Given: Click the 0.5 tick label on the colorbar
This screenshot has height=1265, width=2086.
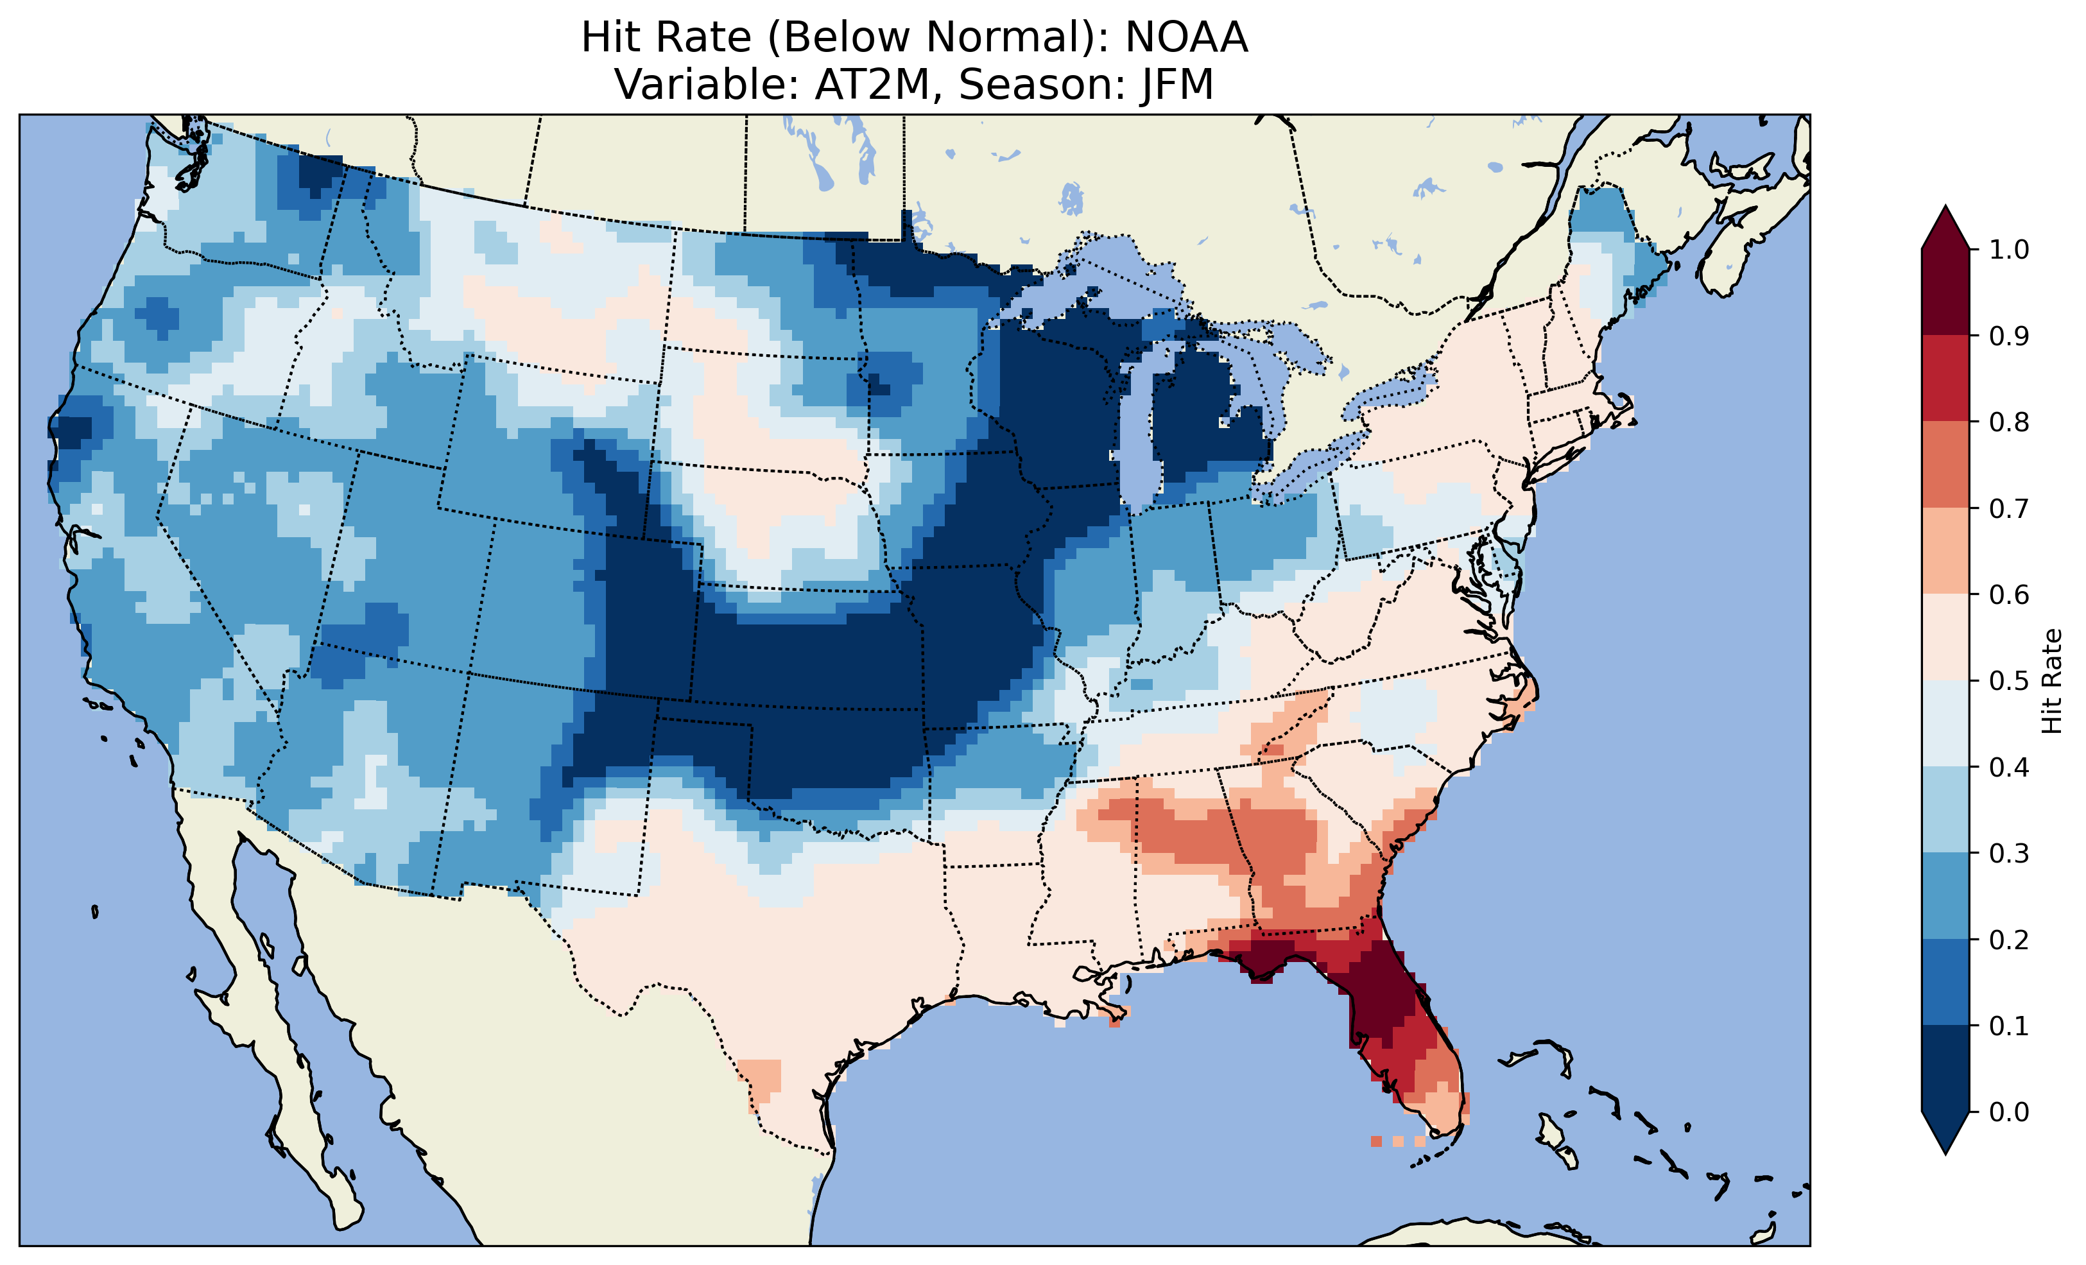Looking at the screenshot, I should pos(2009,681).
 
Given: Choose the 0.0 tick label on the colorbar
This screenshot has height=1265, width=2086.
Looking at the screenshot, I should pos(2009,1112).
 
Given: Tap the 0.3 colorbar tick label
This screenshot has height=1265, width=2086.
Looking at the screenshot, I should pos(2009,854).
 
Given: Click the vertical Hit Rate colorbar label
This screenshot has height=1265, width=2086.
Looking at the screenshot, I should pos(2051,681).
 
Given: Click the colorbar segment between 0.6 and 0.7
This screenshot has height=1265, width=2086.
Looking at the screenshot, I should pos(1945,551).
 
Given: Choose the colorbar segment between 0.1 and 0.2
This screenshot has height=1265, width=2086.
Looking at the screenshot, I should pos(1945,982).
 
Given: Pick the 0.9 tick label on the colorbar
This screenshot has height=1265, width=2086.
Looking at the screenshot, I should pos(2009,336).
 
